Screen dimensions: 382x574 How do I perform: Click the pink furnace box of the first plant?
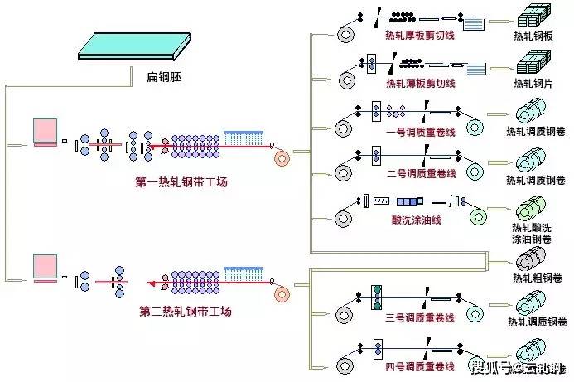tap(45, 131)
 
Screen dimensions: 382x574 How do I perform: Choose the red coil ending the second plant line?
tap(283, 293)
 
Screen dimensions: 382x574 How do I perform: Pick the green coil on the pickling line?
tap(480, 217)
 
